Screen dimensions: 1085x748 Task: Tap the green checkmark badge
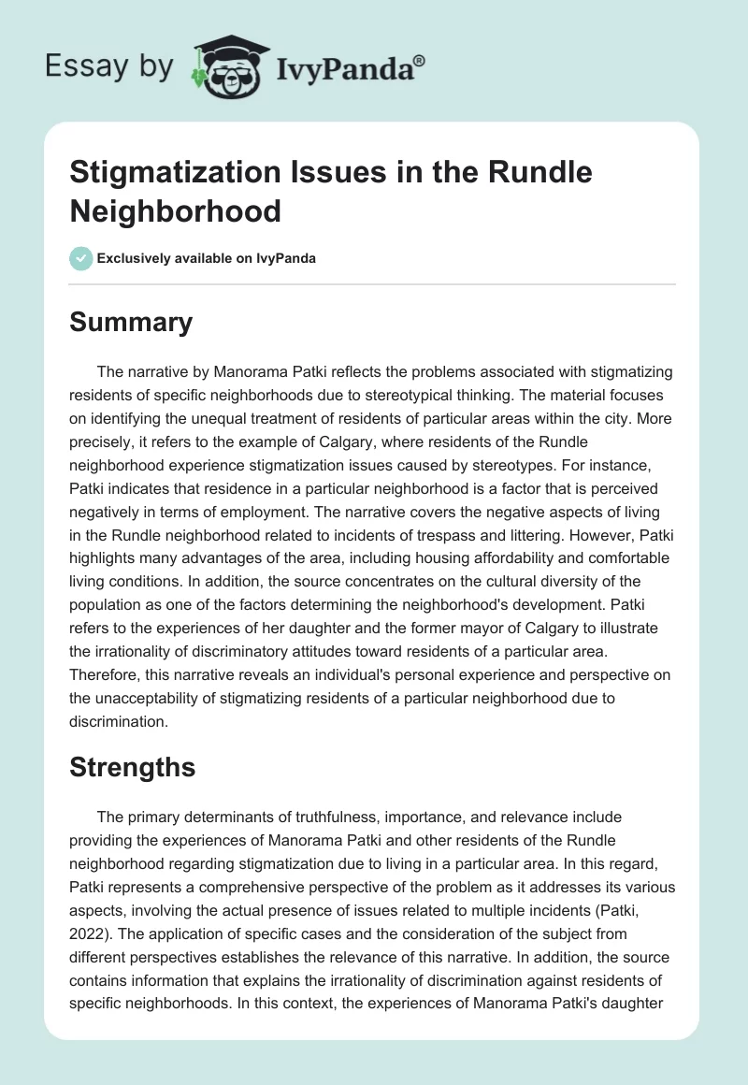coord(82,258)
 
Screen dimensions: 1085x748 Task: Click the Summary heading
coord(131,322)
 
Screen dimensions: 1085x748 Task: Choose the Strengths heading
coord(133,767)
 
